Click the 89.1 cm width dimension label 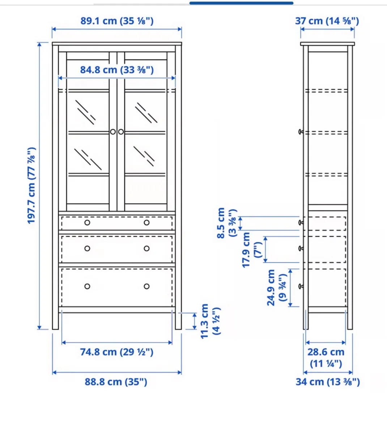tap(117, 21)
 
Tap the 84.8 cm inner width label tap(117, 70)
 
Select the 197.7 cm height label tap(31, 186)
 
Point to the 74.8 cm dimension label tap(116, 352)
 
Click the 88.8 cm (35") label tap(116, 382)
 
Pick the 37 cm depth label tap(327, 21)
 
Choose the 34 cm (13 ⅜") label tap(328, 382)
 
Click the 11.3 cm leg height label tap(210, 321)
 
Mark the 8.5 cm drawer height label tap(226, 223)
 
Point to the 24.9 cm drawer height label tap(277, 288)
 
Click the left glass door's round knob tap(113, 132)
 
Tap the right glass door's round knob tap(121, 132)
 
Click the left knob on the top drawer tap(87, 223)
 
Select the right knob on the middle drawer tap(146, 248)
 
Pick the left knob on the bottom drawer tap(87, 286)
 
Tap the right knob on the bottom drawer tap(146, 286)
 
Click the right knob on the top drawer tap(146, 223)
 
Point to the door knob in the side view tap(301, 132)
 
